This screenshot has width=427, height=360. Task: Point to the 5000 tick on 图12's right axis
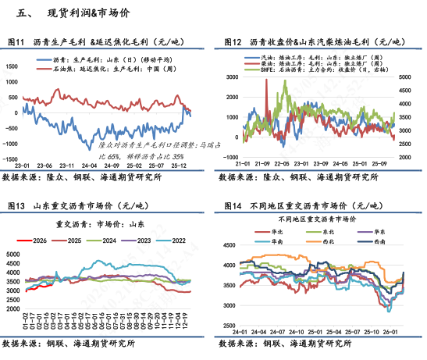404,78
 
